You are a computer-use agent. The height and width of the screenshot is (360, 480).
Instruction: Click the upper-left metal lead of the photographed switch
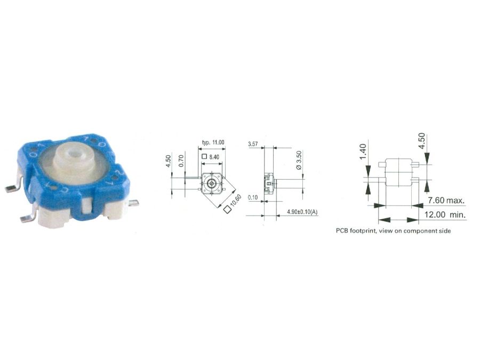pos(11,188)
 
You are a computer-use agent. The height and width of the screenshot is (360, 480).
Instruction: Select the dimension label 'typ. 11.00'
pos(213,142)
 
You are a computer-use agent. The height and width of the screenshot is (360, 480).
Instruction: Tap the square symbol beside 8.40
pos(205,157)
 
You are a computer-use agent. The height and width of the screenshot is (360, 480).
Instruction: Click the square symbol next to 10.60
pos(228,210)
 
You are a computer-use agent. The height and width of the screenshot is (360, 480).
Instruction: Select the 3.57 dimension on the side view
pos(254,145)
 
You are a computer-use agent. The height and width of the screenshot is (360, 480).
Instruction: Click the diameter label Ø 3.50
pos(299,161)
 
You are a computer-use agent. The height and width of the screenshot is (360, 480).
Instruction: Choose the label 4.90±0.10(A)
pos(302,212)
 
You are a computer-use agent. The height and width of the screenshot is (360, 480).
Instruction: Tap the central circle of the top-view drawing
pos(212,182)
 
